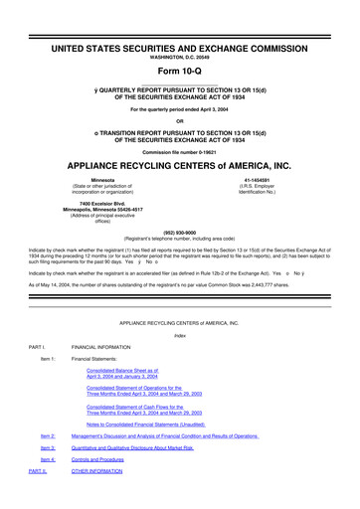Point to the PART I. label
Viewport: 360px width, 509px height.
coord(36,345)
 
